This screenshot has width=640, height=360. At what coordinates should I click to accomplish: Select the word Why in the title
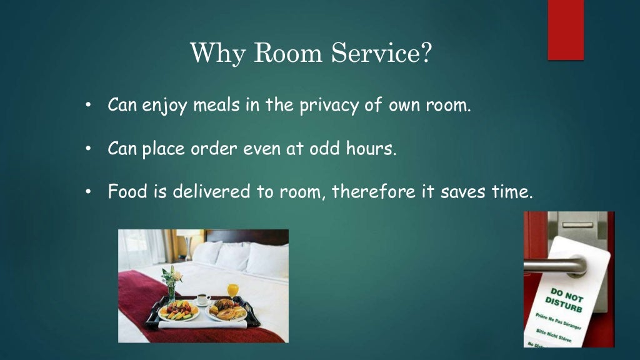212,54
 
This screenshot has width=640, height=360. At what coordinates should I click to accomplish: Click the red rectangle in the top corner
566,30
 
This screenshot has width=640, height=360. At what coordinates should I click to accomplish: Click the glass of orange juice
233,291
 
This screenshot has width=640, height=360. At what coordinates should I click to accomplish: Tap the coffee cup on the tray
204,299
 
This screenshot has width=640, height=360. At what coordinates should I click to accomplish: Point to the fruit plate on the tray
178,310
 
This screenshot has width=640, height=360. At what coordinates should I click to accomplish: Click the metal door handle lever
553,265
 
